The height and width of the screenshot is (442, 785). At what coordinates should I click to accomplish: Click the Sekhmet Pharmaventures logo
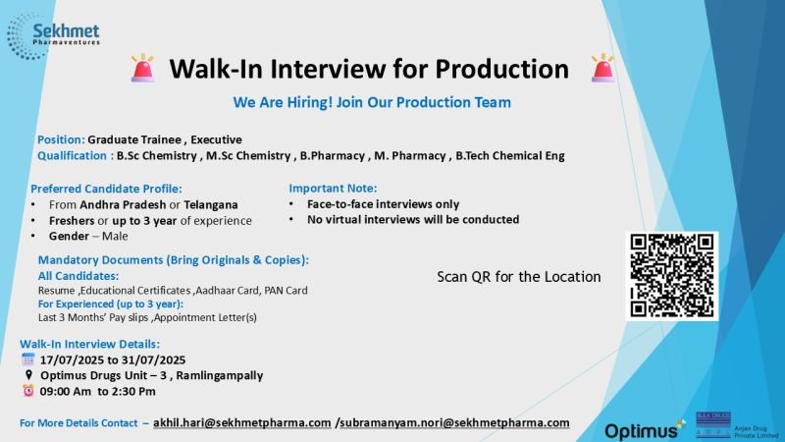click(x=53, y=36)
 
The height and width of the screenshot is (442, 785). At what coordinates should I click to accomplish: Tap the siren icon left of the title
click(x=142, y=68)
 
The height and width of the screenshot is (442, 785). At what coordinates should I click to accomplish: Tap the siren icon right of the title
click(x=602, y=68)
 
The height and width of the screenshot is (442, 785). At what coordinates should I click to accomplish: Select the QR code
click(x=672, y=276)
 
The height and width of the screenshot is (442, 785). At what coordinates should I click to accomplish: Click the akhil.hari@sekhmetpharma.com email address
click(x=241, y=423)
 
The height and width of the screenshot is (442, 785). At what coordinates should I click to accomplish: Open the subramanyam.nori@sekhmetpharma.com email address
click(x=454, y=423)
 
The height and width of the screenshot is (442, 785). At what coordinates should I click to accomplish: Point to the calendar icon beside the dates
click(x=28, y=359)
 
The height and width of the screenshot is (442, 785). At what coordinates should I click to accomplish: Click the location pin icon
click(x=28, y=375)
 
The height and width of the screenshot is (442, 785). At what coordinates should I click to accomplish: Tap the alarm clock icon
click(x=28, y=390)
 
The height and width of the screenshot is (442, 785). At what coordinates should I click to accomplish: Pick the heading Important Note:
click(x=333, y=189)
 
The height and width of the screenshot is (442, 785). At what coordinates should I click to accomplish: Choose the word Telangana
click(x=211, y=205)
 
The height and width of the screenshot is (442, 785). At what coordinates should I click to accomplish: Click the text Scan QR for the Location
click(x=519, y=277)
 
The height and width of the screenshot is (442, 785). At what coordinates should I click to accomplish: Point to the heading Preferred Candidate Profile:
click(x=106, y=189)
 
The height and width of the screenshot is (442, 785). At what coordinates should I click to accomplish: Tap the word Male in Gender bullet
click(x=115, y=236)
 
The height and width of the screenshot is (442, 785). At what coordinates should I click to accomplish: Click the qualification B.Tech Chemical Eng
click(x=510, y=156)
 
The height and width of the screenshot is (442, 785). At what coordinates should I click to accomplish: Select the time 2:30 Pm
click(x=133, y=391)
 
